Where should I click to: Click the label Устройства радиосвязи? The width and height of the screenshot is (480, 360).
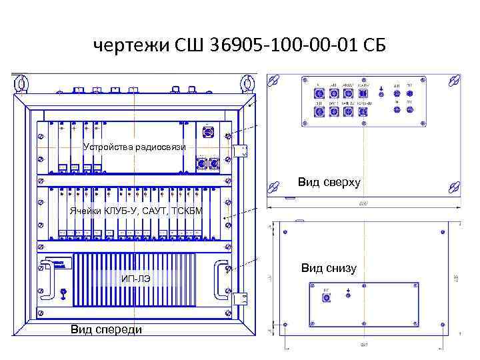click(x=134, y=147)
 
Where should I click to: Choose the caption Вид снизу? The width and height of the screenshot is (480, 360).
click(x=328, y=268)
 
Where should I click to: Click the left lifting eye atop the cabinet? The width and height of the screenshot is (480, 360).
click(x=22, y=83)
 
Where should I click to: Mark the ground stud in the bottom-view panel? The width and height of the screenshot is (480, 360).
click(x=349, y=294)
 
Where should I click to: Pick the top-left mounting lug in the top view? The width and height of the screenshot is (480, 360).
click(x=272, y=81)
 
